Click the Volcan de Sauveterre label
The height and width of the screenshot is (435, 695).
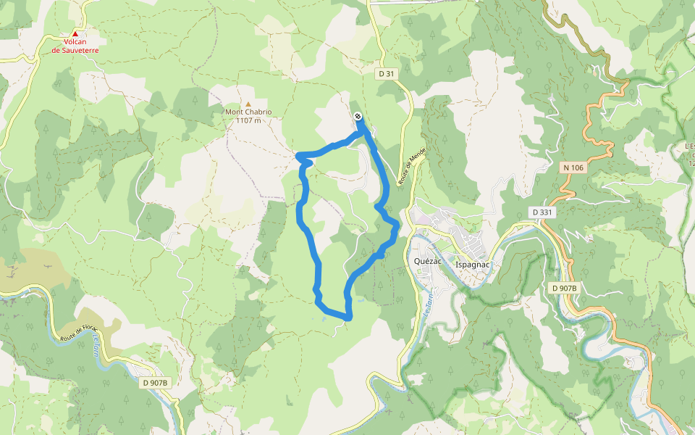(75, 46)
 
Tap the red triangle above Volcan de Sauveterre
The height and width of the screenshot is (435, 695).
(75, 33)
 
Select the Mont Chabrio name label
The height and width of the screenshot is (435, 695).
(248, 112)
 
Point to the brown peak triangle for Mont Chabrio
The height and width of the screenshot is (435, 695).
(248, 104)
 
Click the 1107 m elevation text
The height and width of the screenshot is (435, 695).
(248, 120)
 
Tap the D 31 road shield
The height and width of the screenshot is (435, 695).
(385, 74)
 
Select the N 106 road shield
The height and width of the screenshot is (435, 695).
(572, 167)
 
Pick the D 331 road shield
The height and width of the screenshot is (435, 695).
(542, 212)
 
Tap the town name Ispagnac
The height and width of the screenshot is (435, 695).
(473, 264)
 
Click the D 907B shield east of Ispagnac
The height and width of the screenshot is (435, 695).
(565, 289)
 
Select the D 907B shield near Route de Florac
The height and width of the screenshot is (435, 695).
(155, 383)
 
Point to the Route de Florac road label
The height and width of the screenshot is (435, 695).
(80, 333)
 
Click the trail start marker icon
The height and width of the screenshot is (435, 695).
(358, 117)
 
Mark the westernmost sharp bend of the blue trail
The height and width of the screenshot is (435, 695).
(298, 155)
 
